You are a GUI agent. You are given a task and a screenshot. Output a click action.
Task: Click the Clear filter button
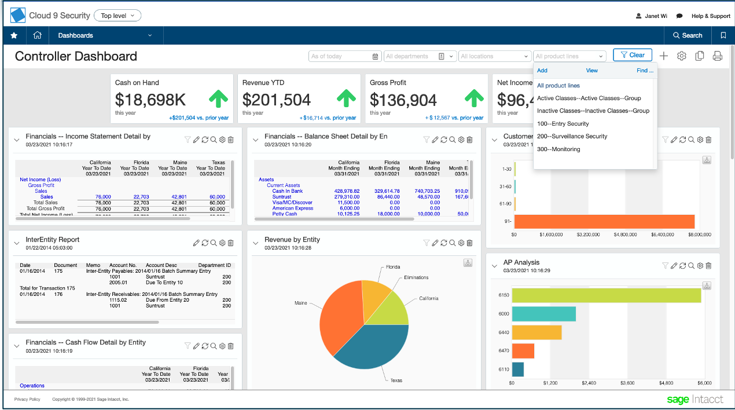633,55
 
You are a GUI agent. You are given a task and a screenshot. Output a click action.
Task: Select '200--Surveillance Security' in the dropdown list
572,136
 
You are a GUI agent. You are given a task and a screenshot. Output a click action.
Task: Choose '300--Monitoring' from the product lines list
558,149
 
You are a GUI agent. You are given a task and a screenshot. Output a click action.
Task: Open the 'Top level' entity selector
117,16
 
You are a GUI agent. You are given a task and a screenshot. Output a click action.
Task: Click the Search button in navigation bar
688,35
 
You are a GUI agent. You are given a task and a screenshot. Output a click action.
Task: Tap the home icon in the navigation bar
38,35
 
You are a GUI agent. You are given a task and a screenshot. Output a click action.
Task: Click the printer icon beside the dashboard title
718,56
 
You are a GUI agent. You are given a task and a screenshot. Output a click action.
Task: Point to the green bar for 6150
606,295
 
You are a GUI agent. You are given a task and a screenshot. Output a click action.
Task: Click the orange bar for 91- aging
604,221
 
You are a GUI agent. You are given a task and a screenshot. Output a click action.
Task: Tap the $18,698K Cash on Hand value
150,100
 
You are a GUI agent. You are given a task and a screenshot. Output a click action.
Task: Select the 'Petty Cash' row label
284,214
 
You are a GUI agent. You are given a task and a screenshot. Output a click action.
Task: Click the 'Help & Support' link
711,16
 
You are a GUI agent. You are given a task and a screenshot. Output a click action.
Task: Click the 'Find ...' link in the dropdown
645,71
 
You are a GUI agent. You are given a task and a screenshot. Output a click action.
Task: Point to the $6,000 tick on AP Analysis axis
704,383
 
